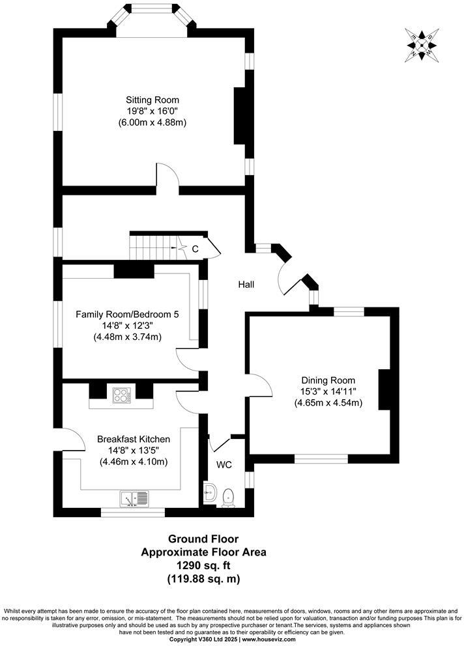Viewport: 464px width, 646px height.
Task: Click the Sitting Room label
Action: click(152, 100)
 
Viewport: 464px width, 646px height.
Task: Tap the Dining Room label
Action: click(327, 380)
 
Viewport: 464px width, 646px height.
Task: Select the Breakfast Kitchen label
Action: click(134, 439)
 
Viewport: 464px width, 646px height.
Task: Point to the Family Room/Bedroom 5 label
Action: click(127, 314)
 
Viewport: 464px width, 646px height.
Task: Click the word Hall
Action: click(246, 285)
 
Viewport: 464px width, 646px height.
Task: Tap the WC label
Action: click(224, 465)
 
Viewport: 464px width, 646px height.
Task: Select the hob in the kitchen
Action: click(121, 394)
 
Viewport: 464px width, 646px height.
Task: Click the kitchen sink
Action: click(134, 499)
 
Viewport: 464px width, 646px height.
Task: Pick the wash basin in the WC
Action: click(210, 493)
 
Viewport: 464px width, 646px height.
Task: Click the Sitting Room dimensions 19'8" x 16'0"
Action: click(152, 111)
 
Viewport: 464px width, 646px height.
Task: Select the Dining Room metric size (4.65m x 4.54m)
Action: click(327, 402)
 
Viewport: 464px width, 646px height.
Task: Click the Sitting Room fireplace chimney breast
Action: click(240, 115)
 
